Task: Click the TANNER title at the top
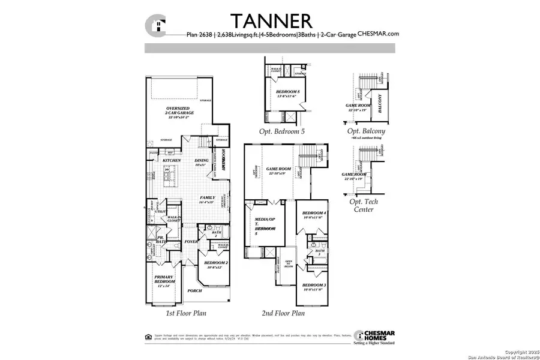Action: (x=272, y=20)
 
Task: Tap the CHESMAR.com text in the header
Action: (x=378, y=34)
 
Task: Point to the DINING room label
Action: (x=202, y=161)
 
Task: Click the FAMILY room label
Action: (x=208, y=199)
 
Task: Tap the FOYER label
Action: (x=191, y=242)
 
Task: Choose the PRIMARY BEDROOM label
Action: (x=164, y=279)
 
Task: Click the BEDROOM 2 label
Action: (x=215, y=263)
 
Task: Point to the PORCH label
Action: (x=194, y=291)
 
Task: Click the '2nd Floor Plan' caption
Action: (x=283, y=313)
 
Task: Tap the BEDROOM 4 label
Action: (x=314, y=214)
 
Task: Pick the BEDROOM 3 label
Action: (x=314, y=286)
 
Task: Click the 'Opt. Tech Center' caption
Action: (x=362, y=206)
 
